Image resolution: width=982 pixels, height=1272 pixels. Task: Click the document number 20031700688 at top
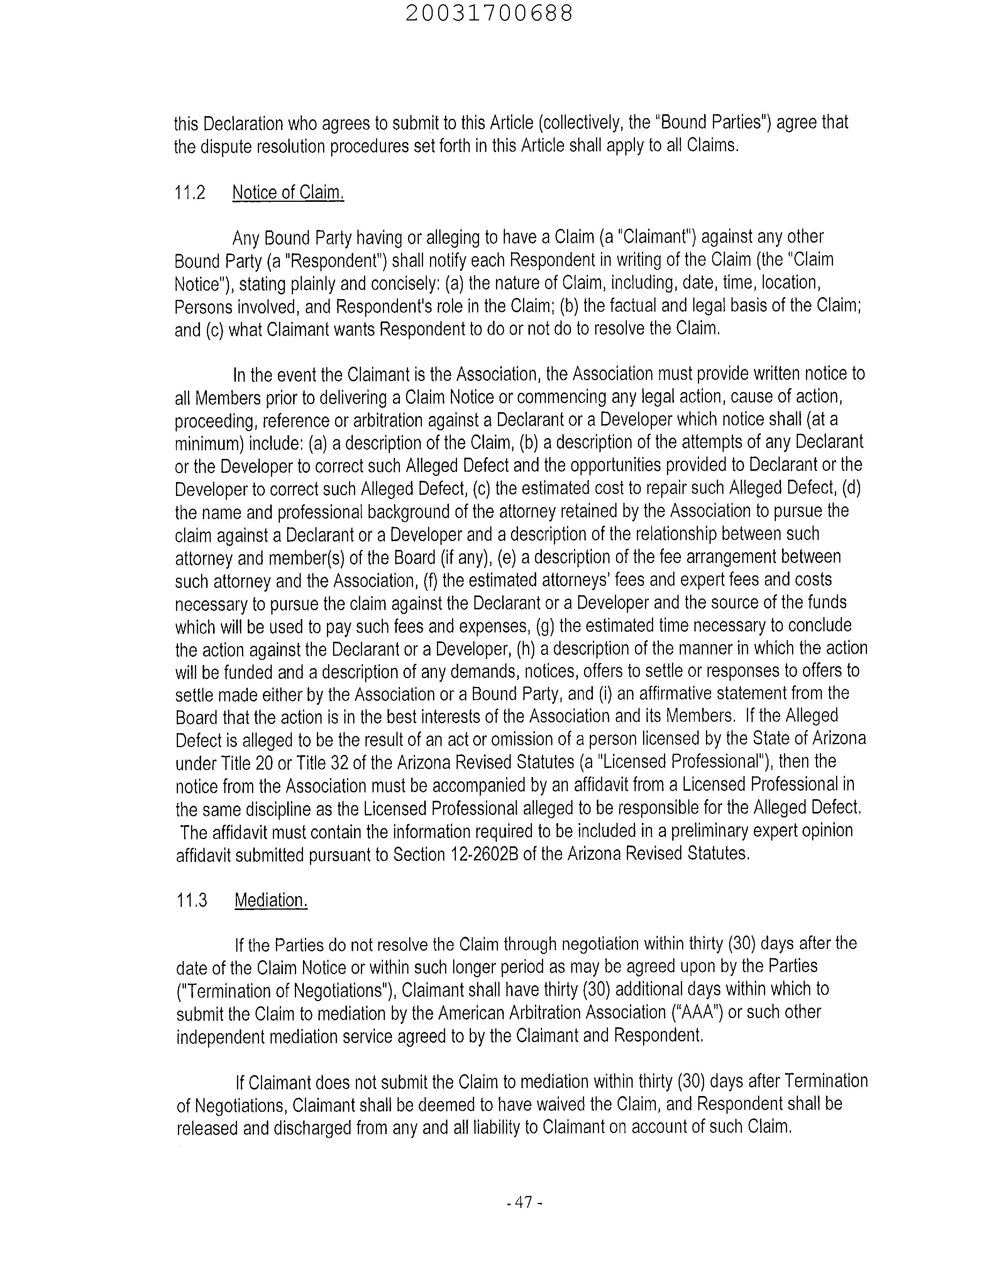(489, 14)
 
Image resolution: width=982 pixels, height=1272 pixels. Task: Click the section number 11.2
(190, 193)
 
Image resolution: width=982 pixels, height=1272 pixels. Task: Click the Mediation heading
(271, 900)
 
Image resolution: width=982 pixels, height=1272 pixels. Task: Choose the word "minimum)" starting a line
(210, 444)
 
